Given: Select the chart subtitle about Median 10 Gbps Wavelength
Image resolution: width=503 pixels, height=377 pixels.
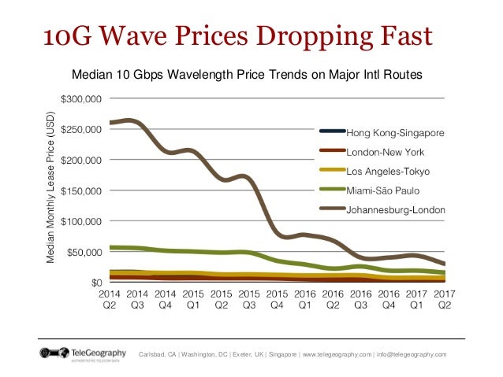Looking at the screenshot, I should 248,76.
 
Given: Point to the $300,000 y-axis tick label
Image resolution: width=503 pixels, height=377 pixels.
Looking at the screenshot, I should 81,99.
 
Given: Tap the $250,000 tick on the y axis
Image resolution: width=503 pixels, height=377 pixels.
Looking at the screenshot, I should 81,129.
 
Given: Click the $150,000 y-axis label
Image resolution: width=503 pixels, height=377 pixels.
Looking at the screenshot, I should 81,190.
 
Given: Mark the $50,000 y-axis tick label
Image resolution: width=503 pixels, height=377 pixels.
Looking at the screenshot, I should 84,252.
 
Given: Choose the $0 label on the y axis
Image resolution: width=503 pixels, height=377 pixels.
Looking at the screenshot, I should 95,282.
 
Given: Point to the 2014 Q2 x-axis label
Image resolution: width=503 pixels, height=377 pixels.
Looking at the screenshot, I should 110,299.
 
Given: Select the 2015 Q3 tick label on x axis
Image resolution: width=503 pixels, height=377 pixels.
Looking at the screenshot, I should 249,299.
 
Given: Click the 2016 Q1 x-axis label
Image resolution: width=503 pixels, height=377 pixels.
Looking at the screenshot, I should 305,299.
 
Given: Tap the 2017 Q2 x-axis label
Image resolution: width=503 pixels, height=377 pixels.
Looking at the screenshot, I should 445,299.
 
